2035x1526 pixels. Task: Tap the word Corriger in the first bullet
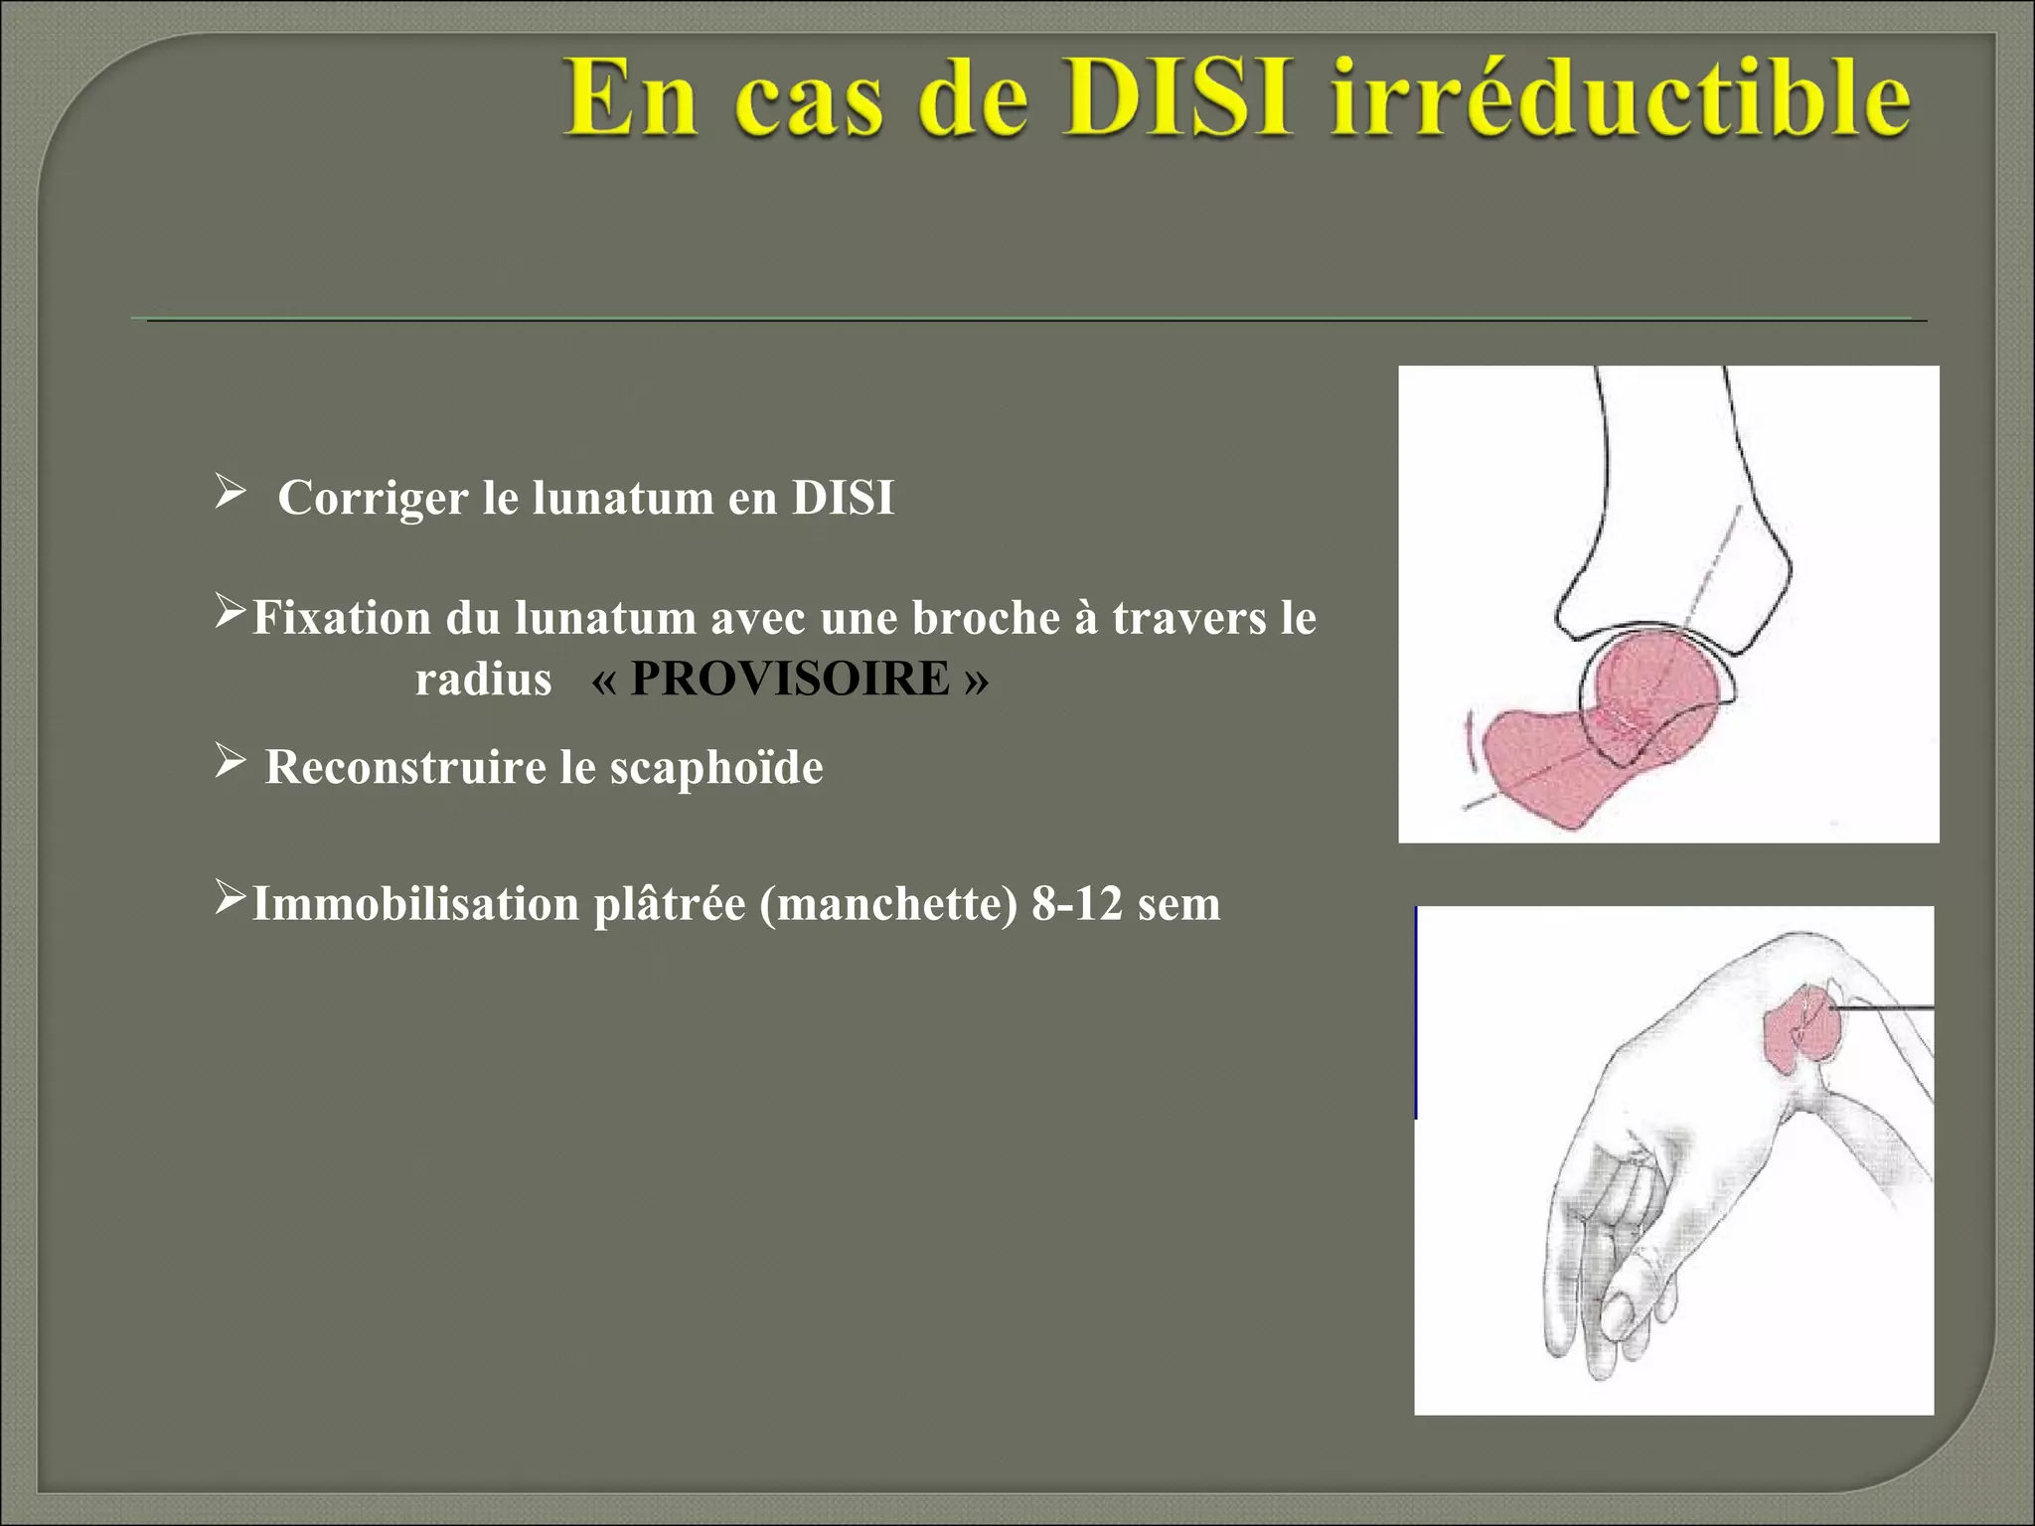pos(373,498)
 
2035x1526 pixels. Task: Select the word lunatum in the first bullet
pos(623,498)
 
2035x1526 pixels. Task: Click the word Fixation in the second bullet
pos(341,618)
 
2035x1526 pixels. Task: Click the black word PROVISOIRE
pos(790,680)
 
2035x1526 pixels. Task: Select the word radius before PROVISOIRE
pos(483,681)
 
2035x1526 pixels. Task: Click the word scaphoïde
pos(716,767)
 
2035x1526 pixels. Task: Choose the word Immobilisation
pos(415,904)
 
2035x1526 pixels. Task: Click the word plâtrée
pos(669,904)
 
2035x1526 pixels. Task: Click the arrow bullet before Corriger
pos(230,490)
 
